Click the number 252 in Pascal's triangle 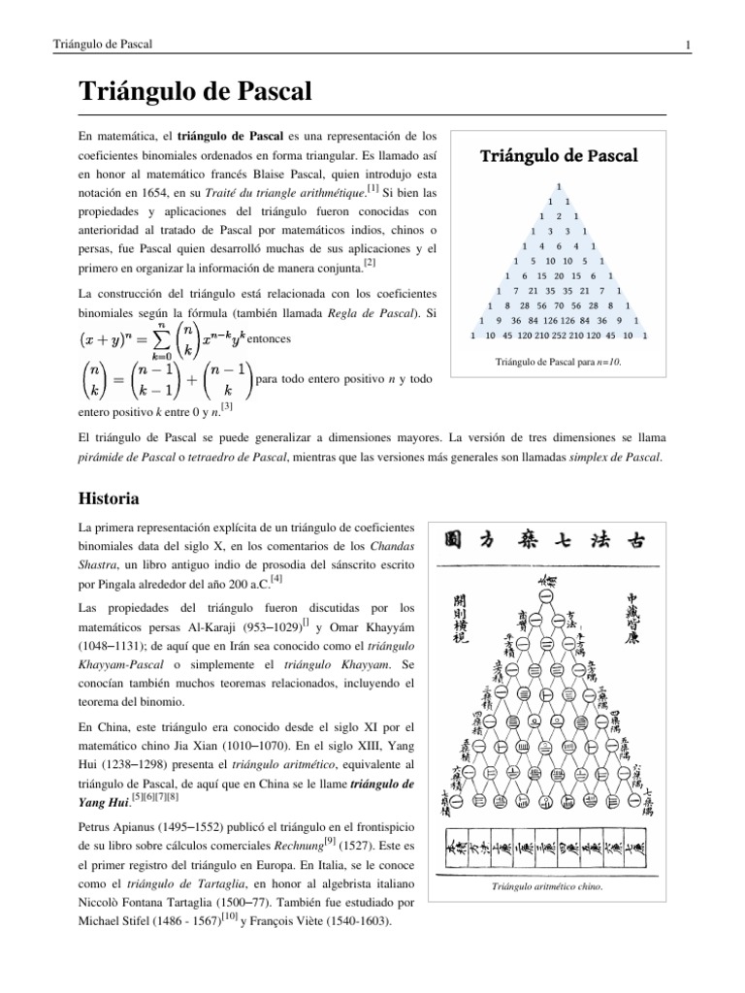(558, 336)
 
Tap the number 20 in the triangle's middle (558, 276)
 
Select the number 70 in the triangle (558, 305)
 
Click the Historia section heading (109, 499)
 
